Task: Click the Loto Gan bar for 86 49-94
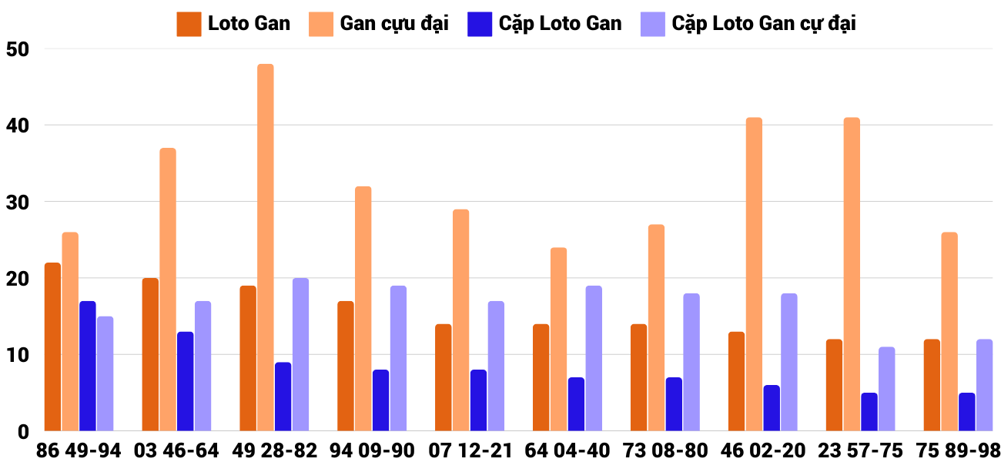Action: pos(52,346)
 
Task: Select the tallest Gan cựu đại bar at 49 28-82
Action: pos(266,247)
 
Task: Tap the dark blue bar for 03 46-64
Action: pos(186,381)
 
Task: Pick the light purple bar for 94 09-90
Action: pos(398,358)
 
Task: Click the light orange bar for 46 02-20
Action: pos(754,274)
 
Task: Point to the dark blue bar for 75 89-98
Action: pos(967,412)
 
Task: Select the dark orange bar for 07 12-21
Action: pos(444,377)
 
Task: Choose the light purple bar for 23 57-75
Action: pos(887,389)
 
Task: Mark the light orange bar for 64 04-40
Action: pos(558,339)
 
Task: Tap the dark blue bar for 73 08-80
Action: pos(674,404)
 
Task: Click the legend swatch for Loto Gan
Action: pos(189,24)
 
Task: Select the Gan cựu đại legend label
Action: pos(394,24)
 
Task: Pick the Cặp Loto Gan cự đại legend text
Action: pos(764,24)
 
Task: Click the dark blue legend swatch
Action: pos(479,24)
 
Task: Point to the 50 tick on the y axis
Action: pos(17,49)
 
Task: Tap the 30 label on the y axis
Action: pos(17,202)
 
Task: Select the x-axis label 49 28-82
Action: pos(274,450)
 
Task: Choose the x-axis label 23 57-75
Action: pos(860,450)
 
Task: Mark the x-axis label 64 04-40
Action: pos(567,450)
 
